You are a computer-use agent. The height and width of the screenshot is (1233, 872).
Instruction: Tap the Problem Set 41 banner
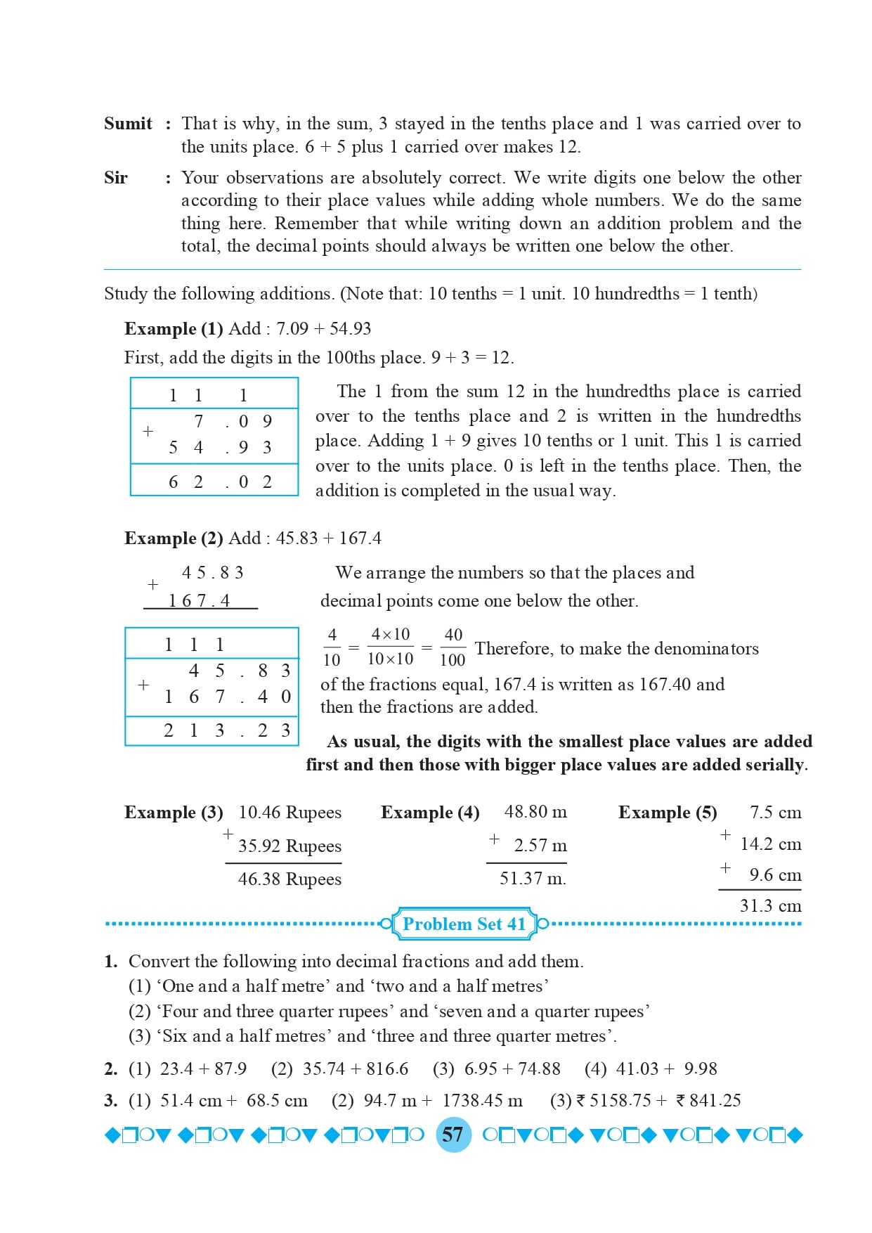(x=464, y=924)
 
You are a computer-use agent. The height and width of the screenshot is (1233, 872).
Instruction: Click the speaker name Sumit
(x=128, y=124)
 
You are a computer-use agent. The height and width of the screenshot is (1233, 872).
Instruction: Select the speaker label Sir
(x=116, y=178)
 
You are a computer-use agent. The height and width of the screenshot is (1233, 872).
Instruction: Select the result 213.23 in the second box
(x=226, y=730)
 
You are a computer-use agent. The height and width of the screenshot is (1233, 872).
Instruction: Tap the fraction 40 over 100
(x=453, y=647)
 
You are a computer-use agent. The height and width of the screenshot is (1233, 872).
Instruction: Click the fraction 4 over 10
(x=332, y=647)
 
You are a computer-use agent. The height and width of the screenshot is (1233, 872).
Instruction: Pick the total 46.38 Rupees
(x=289, y=879)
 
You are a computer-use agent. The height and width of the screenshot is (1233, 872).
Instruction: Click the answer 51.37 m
(x=533, y=879)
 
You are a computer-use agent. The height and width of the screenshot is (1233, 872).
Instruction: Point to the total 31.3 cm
(x=770, y=906)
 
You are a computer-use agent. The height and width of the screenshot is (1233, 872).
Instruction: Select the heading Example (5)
(x=668, y=813)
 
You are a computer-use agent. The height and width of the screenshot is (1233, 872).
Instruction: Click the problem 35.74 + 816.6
(x=355, y=1069)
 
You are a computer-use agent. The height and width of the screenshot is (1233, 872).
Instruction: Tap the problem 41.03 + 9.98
(x=666, y=1069)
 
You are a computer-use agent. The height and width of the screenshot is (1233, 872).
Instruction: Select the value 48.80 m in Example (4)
(x=535, y=812)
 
